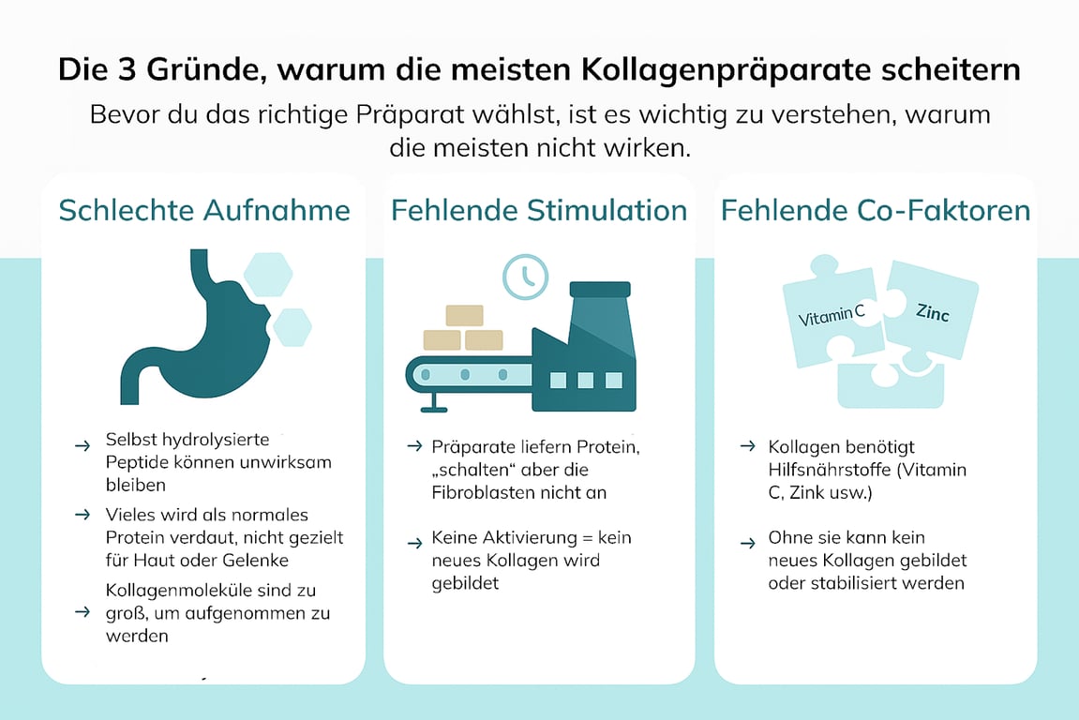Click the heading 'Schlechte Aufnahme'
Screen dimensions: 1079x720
204,210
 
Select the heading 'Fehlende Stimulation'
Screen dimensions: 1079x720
539,210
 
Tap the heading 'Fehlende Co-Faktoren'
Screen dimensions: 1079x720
876,210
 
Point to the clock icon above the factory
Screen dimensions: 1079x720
526,277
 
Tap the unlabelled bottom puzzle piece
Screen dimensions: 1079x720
891,385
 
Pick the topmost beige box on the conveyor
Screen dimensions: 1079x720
464,315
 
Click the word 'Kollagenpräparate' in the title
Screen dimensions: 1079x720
726,69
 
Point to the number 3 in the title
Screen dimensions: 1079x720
127,69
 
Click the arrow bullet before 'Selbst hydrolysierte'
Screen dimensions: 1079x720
82,446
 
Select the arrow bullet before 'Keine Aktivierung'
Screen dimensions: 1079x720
414,544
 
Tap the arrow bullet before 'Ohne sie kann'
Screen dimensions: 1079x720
748,544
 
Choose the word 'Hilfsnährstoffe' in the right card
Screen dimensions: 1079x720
830,470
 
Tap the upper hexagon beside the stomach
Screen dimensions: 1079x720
268,274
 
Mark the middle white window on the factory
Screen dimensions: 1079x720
586,381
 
